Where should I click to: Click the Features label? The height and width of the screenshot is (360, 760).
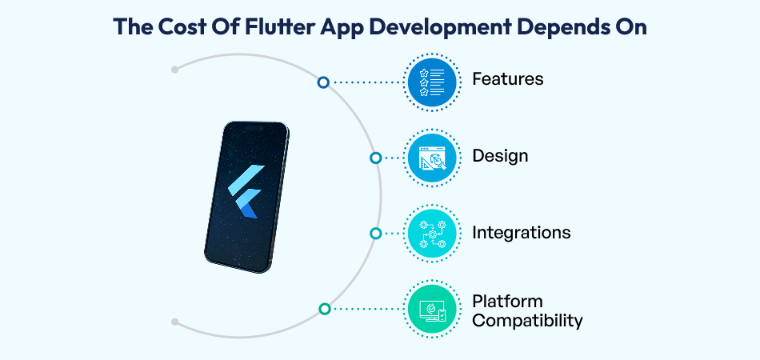click(507, 79)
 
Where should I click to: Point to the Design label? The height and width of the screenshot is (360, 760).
click(500, 155)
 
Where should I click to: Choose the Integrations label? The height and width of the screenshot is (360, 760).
click(521, 233)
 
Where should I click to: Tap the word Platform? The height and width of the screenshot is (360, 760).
click(507, 302)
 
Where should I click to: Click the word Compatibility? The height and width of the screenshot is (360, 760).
click(526, 321)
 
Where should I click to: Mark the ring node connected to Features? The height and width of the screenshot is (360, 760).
click(323, 82)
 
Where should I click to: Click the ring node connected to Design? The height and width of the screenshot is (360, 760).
click(375, 158)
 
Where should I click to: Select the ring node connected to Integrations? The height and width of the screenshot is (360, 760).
click(375, 234)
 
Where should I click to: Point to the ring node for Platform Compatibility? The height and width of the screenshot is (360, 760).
click(324, 309)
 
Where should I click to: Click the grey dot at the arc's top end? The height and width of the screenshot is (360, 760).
click(175, 70)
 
